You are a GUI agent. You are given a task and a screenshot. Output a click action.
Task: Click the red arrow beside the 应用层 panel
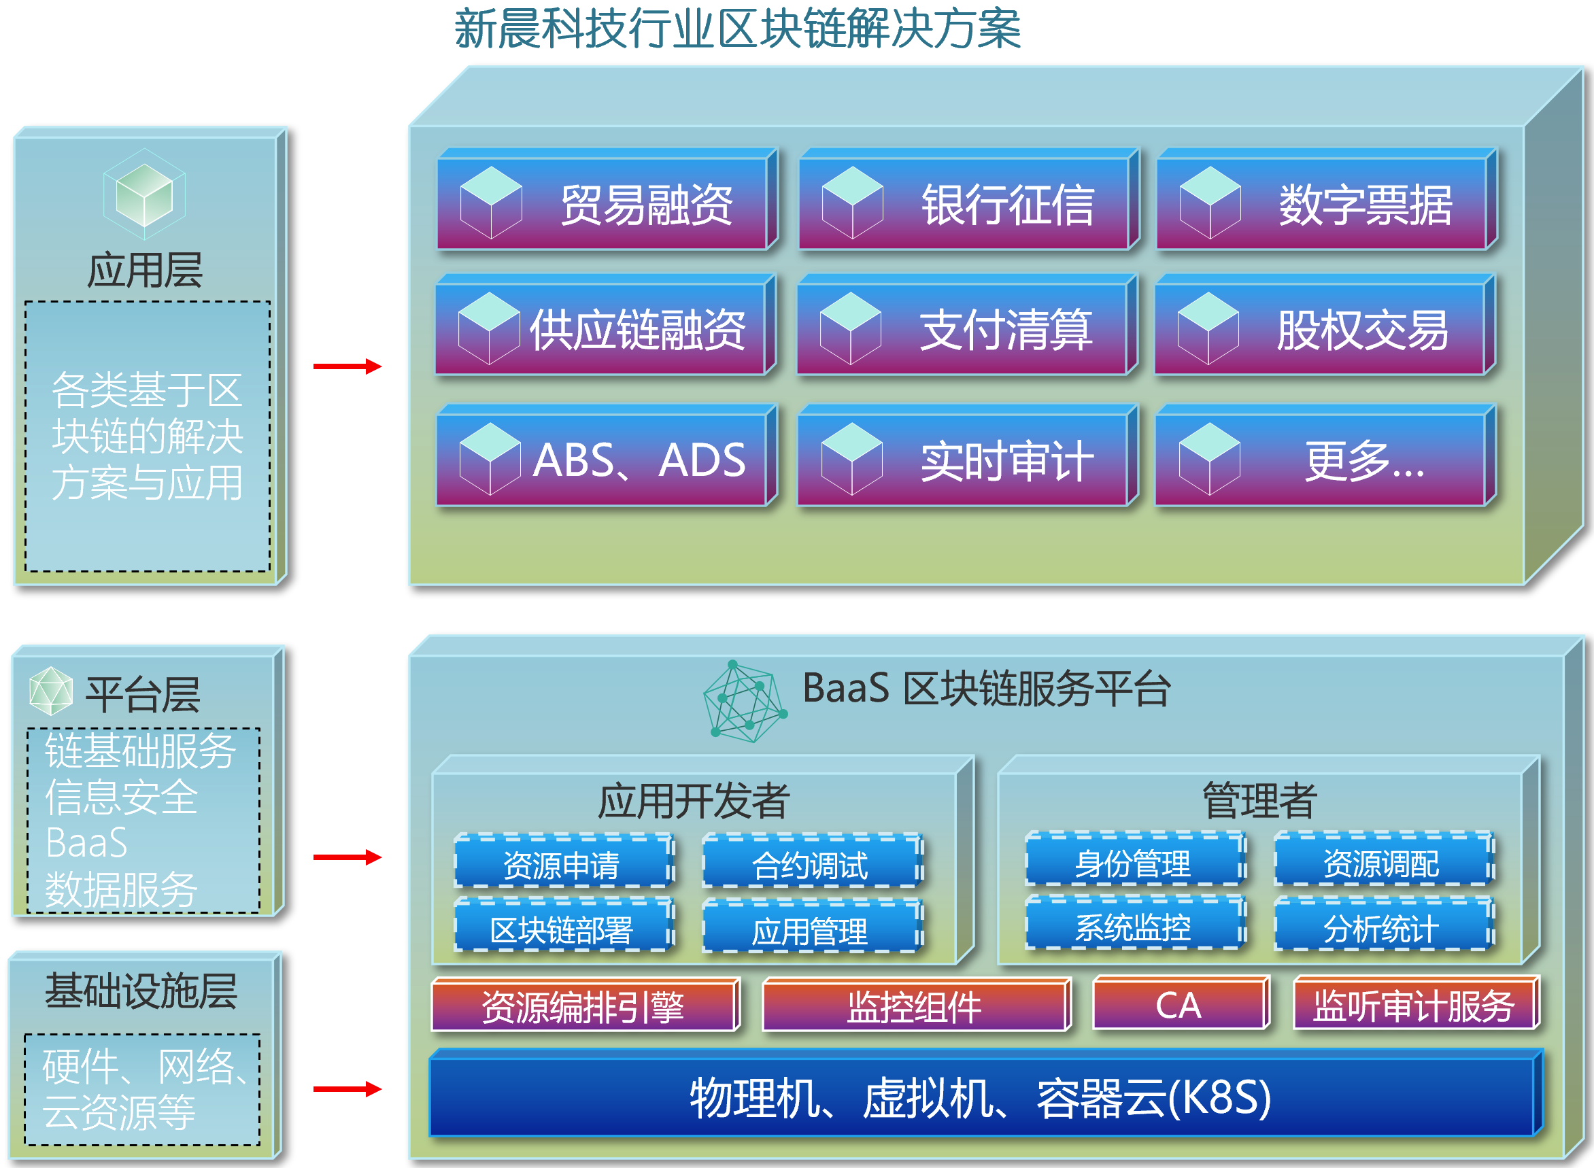(347, 366)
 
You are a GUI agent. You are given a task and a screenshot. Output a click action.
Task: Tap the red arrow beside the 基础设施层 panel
(347, 1089)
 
